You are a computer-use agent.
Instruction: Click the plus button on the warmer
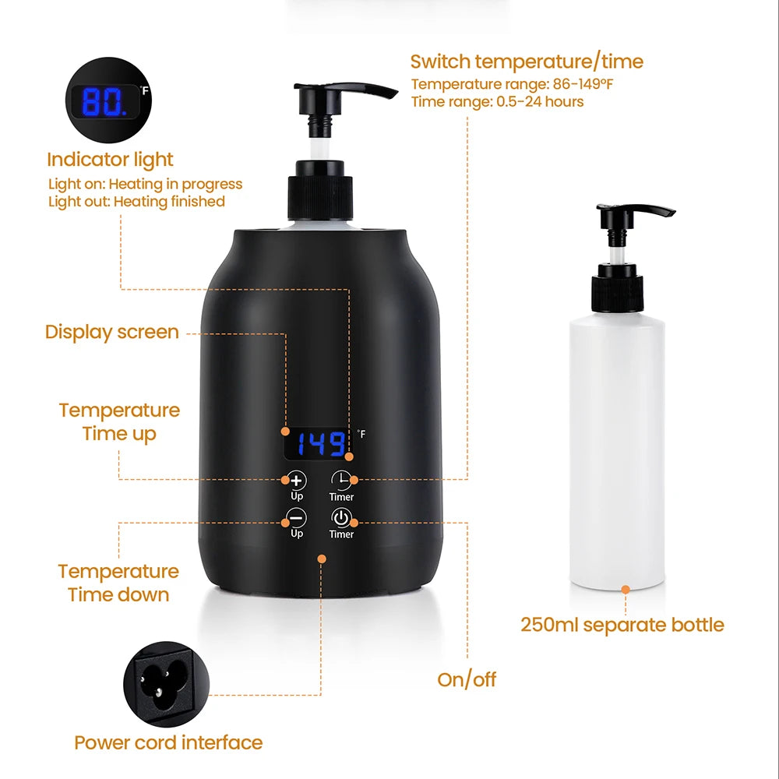click(x=297, y=481)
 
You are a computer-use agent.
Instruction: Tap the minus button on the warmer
click(x=297, y=518)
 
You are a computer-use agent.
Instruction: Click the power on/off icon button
click(x=341, y=518)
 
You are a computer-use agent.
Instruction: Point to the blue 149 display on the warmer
click(x=321, y=444)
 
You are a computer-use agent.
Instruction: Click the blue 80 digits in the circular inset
click(x=104, y=103)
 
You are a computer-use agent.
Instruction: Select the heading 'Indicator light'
click(x=110, y=160)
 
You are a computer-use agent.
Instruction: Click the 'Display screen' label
click(x=111, y=332)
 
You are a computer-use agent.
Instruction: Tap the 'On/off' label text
click(x=467, y=679)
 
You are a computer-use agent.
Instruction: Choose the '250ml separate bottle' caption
click(x=622, y=625)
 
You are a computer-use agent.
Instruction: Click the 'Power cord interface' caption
click(x=168, y=742)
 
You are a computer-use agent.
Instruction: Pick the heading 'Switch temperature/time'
click(x=527, y=62)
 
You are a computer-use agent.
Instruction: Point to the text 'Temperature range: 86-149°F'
click(x=512, y=84)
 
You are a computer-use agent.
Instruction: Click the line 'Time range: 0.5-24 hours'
click(x=497, y=102)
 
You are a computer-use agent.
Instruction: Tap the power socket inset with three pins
click(x=167, y=684)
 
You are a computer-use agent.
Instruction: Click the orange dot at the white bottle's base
click(x=626, y=590)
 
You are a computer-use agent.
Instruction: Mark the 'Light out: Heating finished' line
click(x=136, y=202)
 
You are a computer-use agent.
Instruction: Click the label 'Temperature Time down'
click(x=118, y=583)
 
